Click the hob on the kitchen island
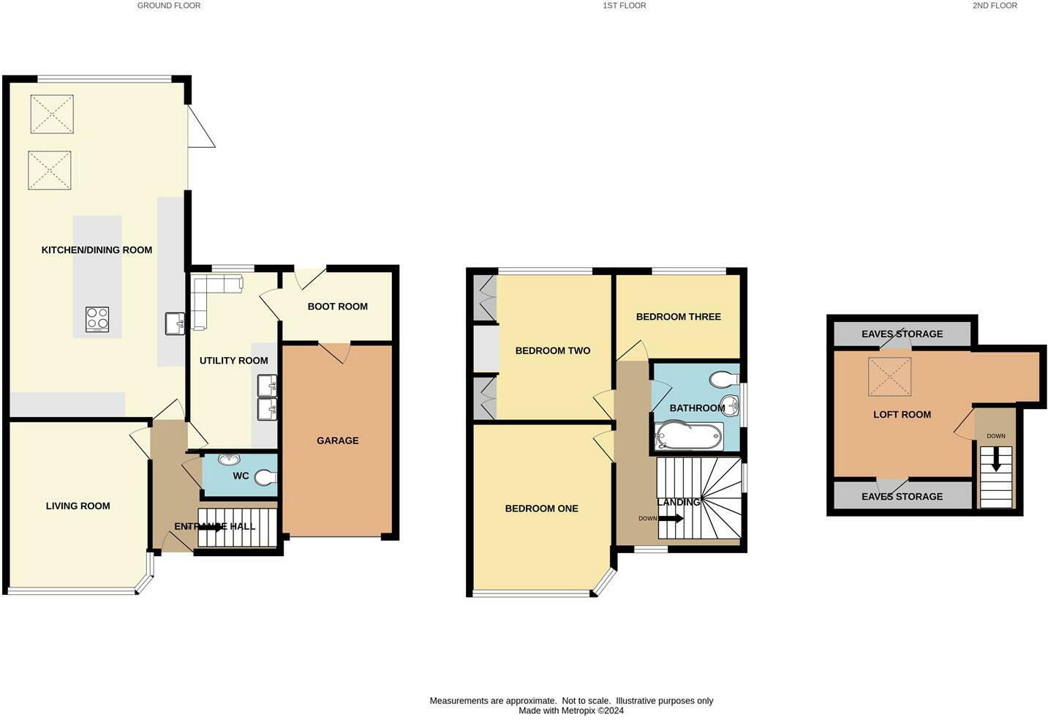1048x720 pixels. point(97,319)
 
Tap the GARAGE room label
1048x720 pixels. point(337,440)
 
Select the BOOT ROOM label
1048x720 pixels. point(337,307)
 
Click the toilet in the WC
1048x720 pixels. point(266,476)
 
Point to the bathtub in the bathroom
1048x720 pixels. point(689,436)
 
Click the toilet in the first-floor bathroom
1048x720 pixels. point(724,379)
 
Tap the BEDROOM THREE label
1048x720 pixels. point(678,317)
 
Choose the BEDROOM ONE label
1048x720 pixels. point(541,509)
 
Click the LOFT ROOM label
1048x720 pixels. point(902,415)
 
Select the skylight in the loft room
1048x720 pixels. point(889,378)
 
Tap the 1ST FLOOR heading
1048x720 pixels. point(624,6)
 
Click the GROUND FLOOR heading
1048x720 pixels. point(169,6)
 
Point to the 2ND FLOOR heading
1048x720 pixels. point(995,6)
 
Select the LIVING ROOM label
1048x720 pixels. point(78,506)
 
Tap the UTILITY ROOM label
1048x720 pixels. point(233,361)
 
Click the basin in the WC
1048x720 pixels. point(230,460)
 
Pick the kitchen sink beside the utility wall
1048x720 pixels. point(176,323)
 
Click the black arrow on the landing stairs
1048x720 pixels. point(671,519)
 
